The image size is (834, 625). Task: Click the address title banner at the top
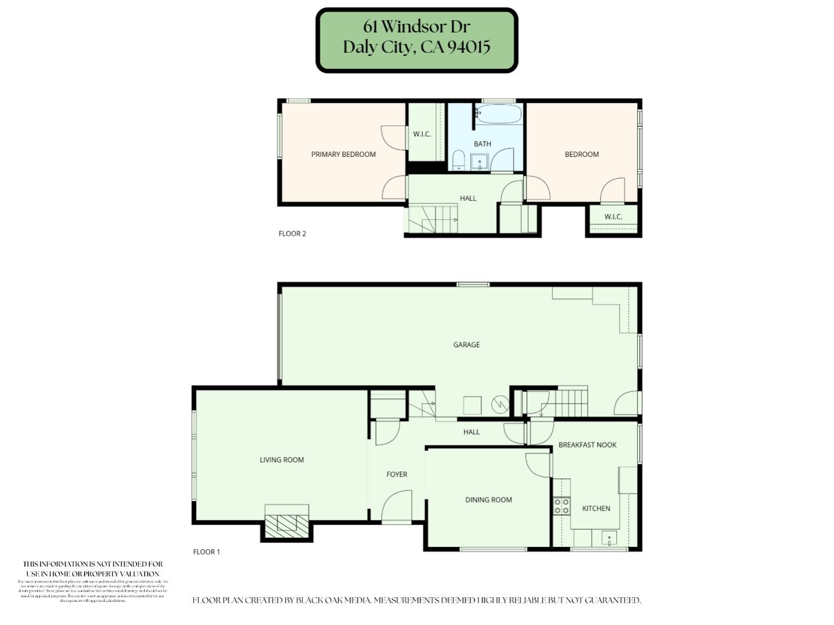[416, 40]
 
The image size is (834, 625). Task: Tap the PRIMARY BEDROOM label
[343, 154]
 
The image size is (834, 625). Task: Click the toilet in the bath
[458, 160]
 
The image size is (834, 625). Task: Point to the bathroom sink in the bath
[479, 162]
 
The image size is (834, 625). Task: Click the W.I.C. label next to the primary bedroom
[422, 134]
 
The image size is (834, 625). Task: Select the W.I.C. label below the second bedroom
[613, 217]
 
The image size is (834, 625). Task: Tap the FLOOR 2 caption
[292, 234]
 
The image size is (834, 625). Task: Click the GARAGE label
[466, 345]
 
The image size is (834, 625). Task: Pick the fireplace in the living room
[287, 522]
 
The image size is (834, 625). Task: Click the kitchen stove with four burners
[561, 506]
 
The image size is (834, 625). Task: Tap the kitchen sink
[609, 539]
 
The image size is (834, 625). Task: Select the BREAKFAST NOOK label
[587, 445]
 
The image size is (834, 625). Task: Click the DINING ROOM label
[488, 500]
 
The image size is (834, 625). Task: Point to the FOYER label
[397, 474]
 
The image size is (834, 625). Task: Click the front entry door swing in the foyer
[397, 506]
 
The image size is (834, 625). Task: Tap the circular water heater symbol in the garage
[499, 404]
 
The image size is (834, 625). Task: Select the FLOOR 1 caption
[207, 552]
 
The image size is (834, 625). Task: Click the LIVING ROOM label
[281, 460]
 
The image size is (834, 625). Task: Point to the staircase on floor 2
[433, 220]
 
